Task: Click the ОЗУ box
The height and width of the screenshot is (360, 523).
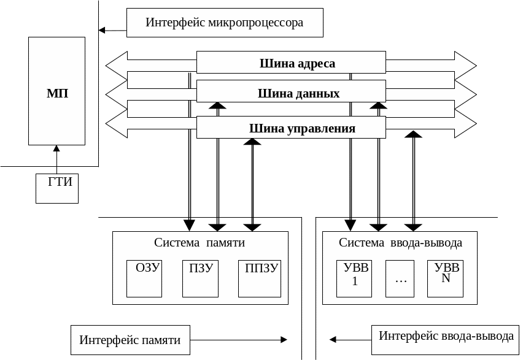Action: point(144,278)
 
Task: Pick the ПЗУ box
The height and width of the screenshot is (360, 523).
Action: point(201,278)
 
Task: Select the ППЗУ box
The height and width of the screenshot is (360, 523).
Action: point(260,278)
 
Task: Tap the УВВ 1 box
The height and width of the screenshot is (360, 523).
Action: point(354,278)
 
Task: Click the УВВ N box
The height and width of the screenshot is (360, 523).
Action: point(446,278)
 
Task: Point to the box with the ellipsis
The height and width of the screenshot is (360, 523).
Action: point(401,278)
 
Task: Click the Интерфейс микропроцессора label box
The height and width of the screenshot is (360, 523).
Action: point(225,23)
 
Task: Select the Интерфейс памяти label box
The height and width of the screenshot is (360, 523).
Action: point(130,339)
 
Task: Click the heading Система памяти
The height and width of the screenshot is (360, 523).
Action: point(200,243)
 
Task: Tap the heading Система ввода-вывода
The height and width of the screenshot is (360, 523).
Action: point(400,243)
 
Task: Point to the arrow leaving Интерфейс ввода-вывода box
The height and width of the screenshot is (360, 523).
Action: point(351,339)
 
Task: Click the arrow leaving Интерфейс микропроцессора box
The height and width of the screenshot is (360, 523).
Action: point(112,29)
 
